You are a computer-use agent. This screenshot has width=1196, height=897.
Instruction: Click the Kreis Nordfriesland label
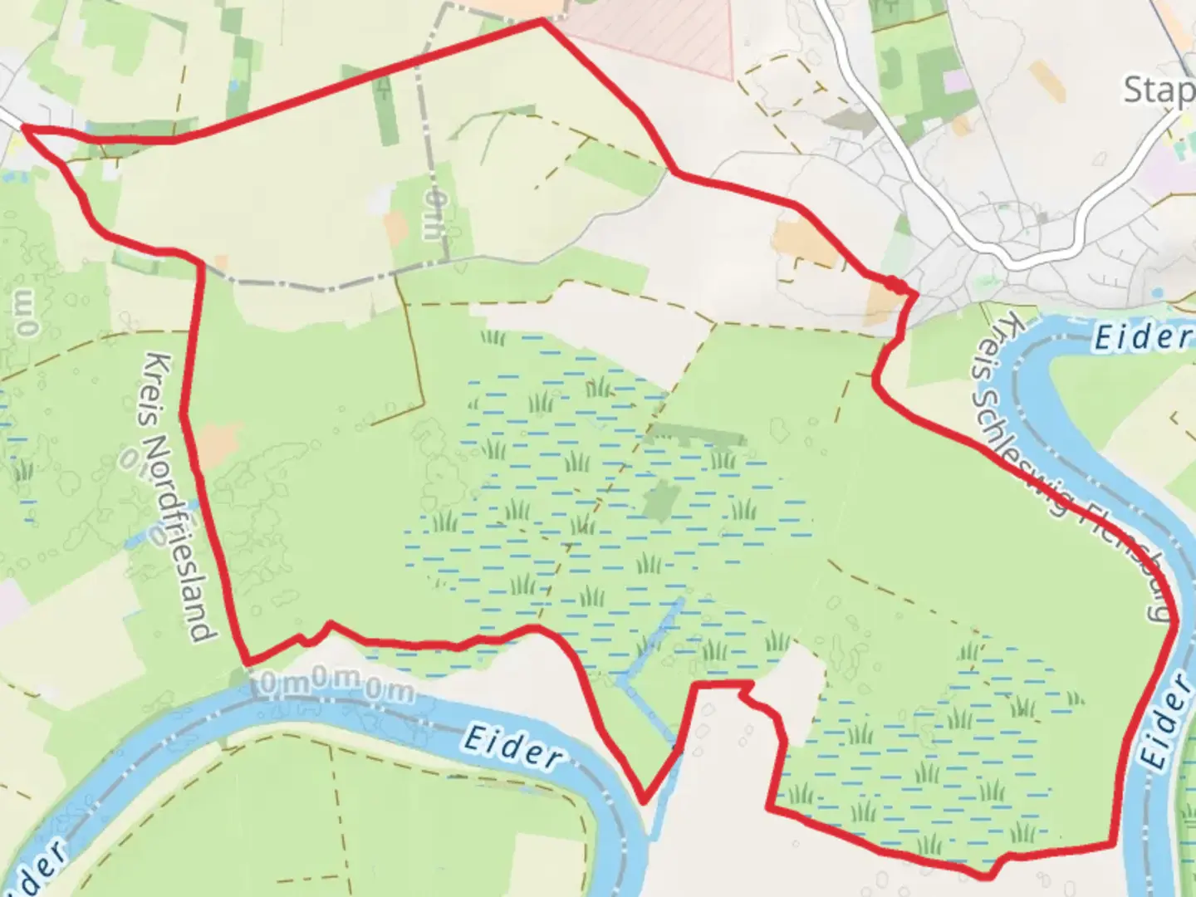[x=179, y=497]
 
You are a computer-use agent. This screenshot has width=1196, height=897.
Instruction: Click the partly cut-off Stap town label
[x=1159, y=90]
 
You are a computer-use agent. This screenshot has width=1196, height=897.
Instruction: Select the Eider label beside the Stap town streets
[x=1142, y=336]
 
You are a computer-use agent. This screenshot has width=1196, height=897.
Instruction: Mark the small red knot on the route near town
[x=895, y=285]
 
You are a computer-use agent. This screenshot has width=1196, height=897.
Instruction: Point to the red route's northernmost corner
[x=542, y=21]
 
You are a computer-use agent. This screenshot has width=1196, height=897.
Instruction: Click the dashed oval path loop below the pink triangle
[x=785, y=91]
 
